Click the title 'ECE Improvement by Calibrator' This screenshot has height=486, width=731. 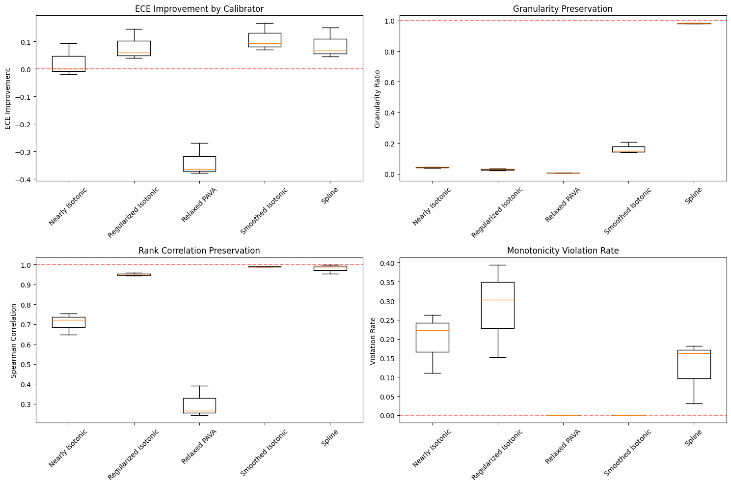199,9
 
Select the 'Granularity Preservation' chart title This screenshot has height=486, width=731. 563,9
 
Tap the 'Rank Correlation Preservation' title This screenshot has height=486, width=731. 199,251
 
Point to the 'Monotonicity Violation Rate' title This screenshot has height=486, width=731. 563,251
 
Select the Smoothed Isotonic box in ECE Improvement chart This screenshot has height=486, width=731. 265,40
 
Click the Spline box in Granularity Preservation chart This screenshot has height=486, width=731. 694,24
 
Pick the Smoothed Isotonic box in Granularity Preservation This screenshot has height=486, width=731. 628,149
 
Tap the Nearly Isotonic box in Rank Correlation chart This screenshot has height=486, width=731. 69,322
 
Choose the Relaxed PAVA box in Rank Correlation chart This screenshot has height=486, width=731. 199,405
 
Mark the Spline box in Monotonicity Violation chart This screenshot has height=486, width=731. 694,364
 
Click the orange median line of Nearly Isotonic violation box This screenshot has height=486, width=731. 433,331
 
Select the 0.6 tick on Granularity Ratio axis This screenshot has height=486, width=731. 389,82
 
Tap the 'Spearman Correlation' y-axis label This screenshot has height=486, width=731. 14,340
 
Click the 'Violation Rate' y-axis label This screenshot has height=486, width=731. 373,340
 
